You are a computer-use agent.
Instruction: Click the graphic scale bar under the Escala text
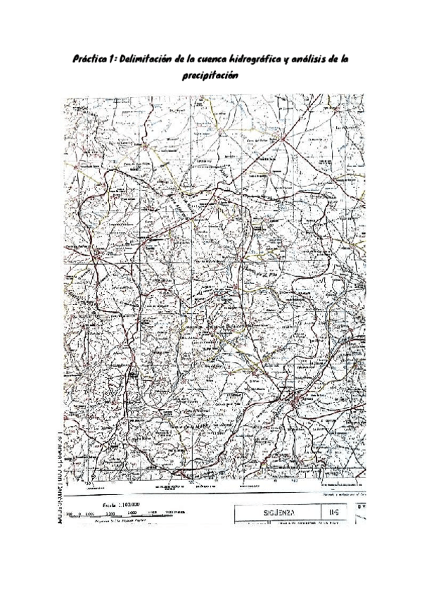(120, 513)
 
